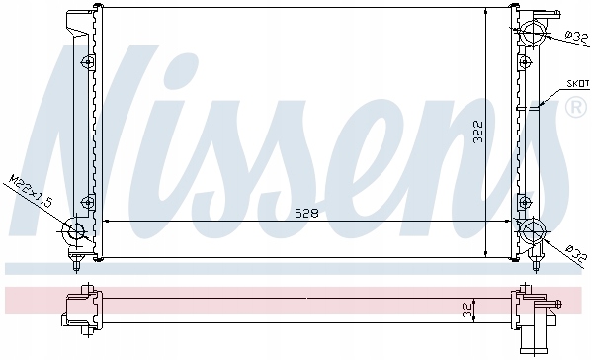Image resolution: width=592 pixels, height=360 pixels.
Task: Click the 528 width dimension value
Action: [x=306, y=213]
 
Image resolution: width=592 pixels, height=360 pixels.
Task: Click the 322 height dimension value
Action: [x=478, y=132]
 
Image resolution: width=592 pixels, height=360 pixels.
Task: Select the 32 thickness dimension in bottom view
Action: [x=468, y=312]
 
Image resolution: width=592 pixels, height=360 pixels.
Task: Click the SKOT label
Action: [x=578, y=84]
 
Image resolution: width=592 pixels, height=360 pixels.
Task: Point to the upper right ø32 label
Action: [x=577, y=37]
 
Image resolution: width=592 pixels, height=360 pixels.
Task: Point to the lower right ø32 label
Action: [x=576, y=253]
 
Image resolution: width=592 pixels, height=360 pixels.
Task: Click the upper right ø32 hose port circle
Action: [x=533, y=32]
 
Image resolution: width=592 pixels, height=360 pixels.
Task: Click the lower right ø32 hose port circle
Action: [x=533, y=230]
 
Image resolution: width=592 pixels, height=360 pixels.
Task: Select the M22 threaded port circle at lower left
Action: [x=77, y=230]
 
